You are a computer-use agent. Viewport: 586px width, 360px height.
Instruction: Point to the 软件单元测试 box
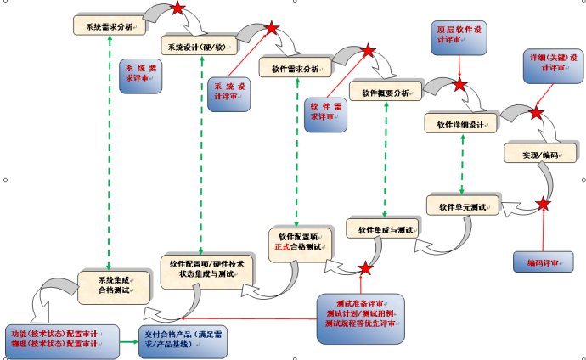[x=461, y=205]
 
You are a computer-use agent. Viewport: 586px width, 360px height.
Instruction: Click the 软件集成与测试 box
[x=385, y=229]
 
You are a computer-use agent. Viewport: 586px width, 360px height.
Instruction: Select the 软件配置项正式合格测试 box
[x=296, y=241]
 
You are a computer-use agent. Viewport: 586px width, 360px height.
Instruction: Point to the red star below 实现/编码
[x=543, y=205]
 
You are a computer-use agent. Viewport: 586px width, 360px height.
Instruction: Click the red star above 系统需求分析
[x=177, y=8]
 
